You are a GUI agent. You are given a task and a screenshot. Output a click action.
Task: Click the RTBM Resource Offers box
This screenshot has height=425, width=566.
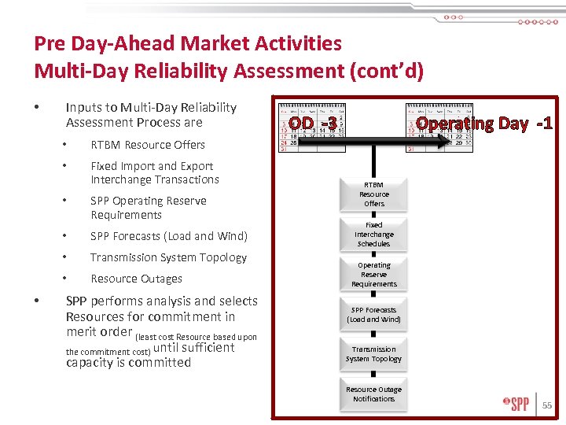click(374, 194)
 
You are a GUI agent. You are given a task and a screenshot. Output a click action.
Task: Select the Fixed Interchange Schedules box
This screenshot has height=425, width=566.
click(374, 234)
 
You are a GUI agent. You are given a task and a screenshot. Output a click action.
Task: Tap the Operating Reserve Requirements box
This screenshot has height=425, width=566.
click(374, 274)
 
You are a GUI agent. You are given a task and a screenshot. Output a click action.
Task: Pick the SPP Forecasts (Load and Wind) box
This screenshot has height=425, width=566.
click(374, 314)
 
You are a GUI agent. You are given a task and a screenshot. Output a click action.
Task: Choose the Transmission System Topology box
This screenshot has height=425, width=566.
click(374, 353)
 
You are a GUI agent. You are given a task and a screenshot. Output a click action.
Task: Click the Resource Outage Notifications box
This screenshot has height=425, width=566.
click(374, 394)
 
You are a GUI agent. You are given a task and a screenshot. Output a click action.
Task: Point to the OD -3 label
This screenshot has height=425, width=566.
click(312, 124)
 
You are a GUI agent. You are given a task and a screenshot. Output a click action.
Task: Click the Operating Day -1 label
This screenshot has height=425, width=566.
click(484, 124)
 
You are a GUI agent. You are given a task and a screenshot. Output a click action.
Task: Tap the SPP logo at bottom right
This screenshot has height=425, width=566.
click(516, 405)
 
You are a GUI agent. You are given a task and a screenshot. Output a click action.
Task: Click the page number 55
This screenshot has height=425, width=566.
click(547, 405)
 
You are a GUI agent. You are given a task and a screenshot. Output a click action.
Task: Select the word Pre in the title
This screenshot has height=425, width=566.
click(49, 43)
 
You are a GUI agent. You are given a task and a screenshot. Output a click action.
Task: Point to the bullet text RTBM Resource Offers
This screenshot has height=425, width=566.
click(148, 145)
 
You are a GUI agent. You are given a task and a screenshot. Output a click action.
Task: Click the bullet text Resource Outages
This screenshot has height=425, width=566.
click(136, 279)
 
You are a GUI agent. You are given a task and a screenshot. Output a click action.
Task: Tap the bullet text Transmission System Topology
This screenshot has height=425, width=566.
click(168, 257)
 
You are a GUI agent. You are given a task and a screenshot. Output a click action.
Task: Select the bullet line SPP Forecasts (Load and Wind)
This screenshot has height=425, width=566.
click(168, 236)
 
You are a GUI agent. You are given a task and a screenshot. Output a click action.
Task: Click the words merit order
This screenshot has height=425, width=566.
click(99, 331)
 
